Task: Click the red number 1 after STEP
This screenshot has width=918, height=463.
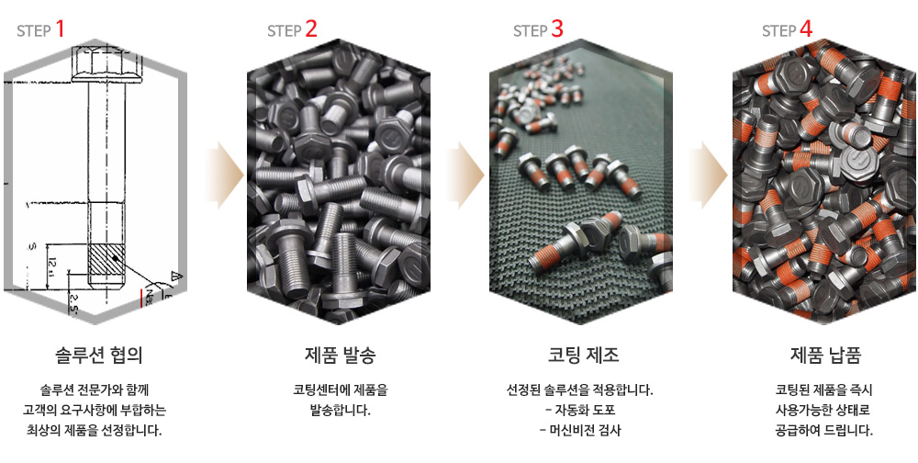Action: [60, 28]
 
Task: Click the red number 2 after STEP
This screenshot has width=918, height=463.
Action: [311, 28]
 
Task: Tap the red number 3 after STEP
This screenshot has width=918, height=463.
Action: [557, 28]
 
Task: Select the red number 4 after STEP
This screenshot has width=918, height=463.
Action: [806, 28]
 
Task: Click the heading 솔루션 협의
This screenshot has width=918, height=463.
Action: [99, 355]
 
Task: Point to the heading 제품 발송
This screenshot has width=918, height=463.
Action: [341, 355]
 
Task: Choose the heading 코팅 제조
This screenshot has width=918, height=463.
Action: [583, 355]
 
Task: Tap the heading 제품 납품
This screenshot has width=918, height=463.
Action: [825, 355]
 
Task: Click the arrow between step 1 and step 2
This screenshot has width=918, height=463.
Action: [225, 175]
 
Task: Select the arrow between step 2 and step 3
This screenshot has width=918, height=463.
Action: [465, 175]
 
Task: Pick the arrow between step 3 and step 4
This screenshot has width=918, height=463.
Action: [709, 175]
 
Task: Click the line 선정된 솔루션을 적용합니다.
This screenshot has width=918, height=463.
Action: [579, 390]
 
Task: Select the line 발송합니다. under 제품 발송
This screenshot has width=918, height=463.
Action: [341, 410]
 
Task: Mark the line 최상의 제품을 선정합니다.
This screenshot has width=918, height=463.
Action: [94, 430]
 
